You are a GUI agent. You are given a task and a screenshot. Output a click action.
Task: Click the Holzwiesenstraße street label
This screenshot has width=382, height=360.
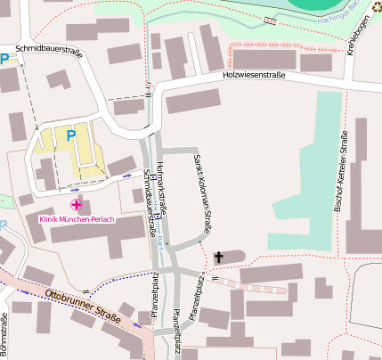click(x=254, y=77)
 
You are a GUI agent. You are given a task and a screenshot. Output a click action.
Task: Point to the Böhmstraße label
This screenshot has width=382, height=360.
click(x=4, y=334)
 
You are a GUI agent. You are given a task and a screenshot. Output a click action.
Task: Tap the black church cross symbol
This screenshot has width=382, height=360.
click(x=216, y=258)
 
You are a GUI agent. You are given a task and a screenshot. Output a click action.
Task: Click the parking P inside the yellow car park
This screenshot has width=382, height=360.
click(x=70, y=135)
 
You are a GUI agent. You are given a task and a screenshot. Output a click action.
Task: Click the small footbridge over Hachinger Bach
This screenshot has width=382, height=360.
click(x=269, y=19)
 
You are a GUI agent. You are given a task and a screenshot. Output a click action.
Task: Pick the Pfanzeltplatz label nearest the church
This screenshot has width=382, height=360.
click(x=201, y=290)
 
